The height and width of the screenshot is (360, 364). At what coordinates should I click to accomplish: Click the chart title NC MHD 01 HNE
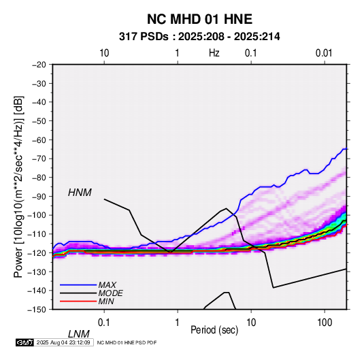(x=199, y=19)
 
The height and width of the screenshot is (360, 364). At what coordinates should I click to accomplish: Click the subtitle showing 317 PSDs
(x=199, y=37)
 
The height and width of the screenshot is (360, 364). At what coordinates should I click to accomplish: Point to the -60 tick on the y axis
(x=39, y=140)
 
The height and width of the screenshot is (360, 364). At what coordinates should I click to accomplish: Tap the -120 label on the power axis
(x=37, y=252)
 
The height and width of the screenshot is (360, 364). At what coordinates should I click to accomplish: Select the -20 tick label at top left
(x=39, y=65)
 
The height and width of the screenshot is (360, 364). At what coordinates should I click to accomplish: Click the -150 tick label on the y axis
(x=37, y=310)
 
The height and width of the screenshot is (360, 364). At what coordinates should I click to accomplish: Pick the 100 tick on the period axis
(x=325, y=323)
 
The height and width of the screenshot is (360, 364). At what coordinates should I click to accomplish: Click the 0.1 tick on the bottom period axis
(x=104, y=323)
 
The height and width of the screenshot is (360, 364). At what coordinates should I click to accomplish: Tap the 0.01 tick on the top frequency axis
(x=324, y=53)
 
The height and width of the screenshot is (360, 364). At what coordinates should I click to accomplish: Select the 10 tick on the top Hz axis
(x=104, y=53)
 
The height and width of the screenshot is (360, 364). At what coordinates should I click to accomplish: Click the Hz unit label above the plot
(x=214, y=53)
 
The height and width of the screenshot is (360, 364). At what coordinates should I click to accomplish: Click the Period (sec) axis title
(x=214, y=330)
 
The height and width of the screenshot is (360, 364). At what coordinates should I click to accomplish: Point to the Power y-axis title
(x=18, y=186)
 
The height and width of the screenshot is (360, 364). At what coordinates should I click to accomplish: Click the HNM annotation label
(x=80, y=193)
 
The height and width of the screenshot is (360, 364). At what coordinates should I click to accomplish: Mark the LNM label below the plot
(x=78, y=334)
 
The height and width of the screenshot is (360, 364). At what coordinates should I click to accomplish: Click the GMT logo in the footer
(x=24, y=342)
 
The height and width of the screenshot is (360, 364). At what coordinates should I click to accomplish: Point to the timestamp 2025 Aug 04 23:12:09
(x=63, y=342)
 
